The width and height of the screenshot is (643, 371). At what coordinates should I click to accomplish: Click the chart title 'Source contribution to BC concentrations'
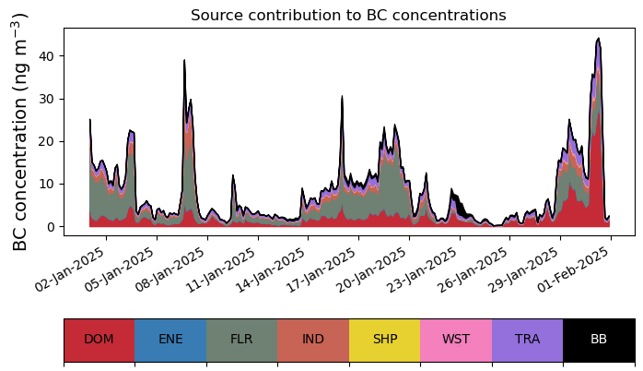[x=348, y=16]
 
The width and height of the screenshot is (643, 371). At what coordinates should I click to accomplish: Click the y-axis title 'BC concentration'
[x=21, y=131]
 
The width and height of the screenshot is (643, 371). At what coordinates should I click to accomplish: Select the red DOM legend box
[x=99, y=340]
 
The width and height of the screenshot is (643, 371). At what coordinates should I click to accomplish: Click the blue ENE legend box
[x=170, y=340]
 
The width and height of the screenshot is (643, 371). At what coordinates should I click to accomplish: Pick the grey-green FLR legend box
[x=241, y=340]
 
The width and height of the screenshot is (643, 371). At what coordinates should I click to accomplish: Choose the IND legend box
[x=313, y=340]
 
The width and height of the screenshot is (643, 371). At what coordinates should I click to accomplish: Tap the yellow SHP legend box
[x=384, y=340]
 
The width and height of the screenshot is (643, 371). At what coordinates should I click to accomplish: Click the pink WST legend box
[x=456, y=340]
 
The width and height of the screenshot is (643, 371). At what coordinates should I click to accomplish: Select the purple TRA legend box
[x=527, y=340]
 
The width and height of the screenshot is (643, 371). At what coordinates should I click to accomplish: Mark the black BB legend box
[x=599, y=340]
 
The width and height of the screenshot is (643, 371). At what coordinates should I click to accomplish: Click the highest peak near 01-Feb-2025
[x=599, y=40]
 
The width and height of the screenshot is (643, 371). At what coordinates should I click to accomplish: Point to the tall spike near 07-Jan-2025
[x=184, y=61]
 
